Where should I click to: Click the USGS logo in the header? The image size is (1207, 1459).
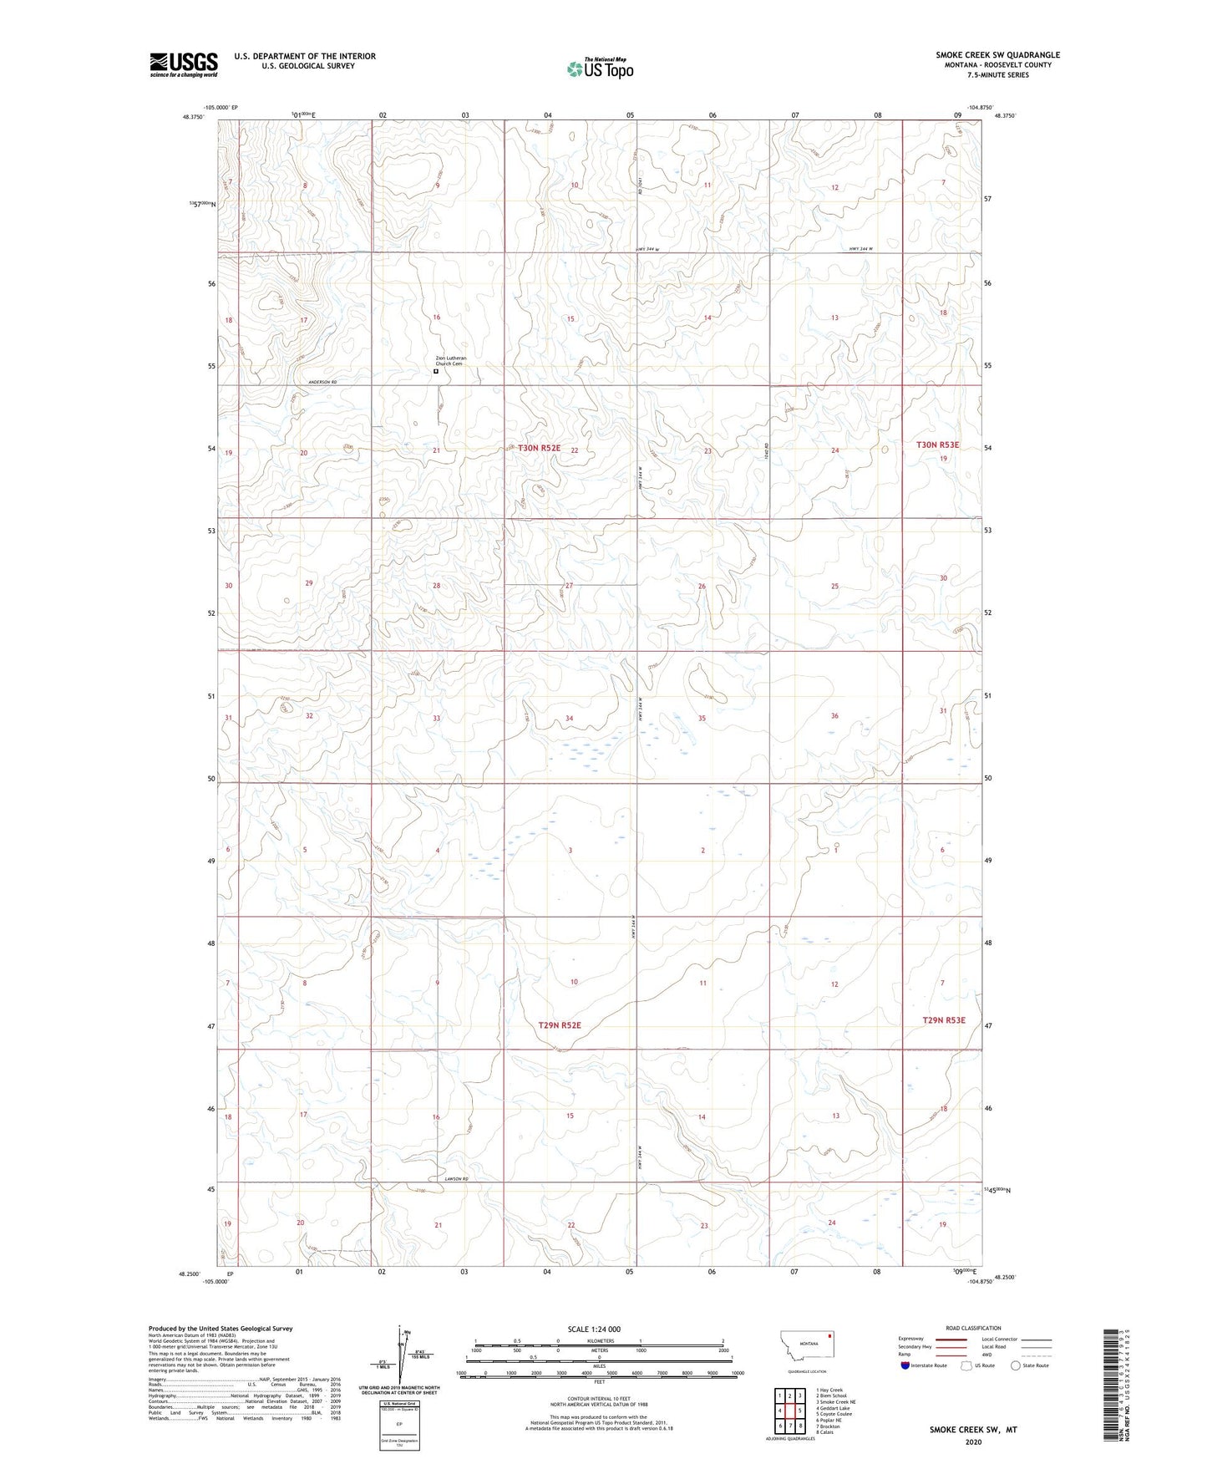click(x=184, y=64)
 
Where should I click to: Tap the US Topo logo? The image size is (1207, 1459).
click(x=600, y=69)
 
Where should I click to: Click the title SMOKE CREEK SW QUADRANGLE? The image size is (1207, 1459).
click(x=997, y=55)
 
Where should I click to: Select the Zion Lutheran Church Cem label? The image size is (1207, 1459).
click(x=450, y=361)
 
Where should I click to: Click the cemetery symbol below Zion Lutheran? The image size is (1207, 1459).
click(x=436, y=372)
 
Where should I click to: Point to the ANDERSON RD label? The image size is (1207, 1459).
click(x=322, y=382)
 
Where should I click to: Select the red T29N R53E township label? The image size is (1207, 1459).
click(x=943, y=1020)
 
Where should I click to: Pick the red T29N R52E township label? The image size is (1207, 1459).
click(x=559, y=1024)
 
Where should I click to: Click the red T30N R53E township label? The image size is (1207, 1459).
click(x=937, y=445)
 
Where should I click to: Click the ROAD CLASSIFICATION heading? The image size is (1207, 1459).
click(x=973, y=1328)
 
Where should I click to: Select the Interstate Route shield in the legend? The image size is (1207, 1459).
click(x=905, y=1365)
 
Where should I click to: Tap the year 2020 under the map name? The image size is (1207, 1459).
click(x=972, y=1441)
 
